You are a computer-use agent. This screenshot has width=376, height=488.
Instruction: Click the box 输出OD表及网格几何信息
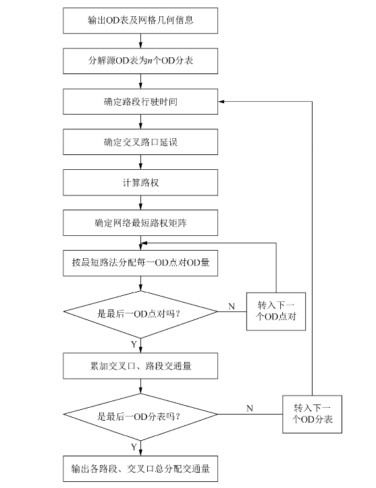point(140,20)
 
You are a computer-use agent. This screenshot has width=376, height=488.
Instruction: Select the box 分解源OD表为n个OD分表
point(140,61)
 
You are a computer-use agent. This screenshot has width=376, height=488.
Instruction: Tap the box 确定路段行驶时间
point(140,102)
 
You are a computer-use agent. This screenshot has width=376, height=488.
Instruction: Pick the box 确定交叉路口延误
point(140,142)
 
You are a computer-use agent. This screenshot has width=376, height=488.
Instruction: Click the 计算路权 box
point(140,183)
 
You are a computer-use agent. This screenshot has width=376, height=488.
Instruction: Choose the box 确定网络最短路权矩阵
point(140,223)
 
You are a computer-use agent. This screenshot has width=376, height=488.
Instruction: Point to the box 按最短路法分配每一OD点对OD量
point(140,263)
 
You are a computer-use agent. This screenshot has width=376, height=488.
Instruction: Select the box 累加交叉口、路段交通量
point(140,366)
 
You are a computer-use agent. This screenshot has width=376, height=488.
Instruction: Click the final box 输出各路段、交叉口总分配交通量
point(140,468)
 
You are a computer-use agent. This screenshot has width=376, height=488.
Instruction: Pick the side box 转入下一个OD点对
point(276,311)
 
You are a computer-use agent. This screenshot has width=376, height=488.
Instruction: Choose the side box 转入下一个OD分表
point(312,414)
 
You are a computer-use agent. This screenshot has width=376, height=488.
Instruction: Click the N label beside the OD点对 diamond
point(232,306)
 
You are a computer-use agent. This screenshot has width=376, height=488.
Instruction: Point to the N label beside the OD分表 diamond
point(249,408)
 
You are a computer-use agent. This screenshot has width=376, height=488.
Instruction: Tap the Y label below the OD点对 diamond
point(134,344)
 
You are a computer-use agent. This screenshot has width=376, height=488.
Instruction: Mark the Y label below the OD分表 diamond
point(134,447)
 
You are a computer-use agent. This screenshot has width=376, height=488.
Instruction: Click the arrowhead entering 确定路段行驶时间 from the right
point(221,102)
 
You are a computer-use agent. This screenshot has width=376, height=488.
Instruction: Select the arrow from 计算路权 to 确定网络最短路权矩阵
point(140,203)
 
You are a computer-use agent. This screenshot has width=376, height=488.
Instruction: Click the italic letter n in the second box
point(150,61)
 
